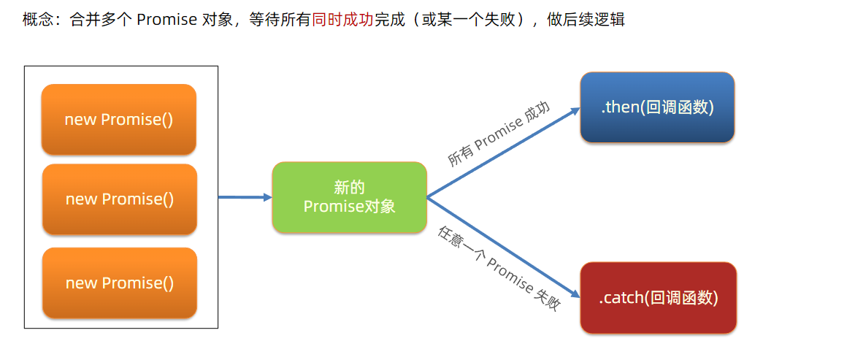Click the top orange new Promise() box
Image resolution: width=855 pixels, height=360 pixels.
tap(119, 120)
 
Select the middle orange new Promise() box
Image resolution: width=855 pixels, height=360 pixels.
tap(120, 199)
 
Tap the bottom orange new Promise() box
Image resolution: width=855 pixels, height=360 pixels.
tap(120, 283)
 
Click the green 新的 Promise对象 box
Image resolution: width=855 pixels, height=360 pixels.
tap(349, 197)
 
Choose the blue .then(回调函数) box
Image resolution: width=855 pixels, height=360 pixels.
tap(657, 107)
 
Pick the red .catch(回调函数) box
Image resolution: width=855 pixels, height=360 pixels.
tap(659, 298)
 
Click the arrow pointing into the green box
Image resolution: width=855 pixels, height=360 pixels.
tap(245, 197)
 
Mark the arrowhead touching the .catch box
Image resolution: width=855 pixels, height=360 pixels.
tap(574, 291)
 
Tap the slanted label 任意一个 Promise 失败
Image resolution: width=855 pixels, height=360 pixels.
tap(499, 269)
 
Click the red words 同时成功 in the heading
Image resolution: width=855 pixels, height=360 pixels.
tap(342, 20)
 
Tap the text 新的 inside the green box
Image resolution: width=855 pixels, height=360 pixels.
tap(349, 187)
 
